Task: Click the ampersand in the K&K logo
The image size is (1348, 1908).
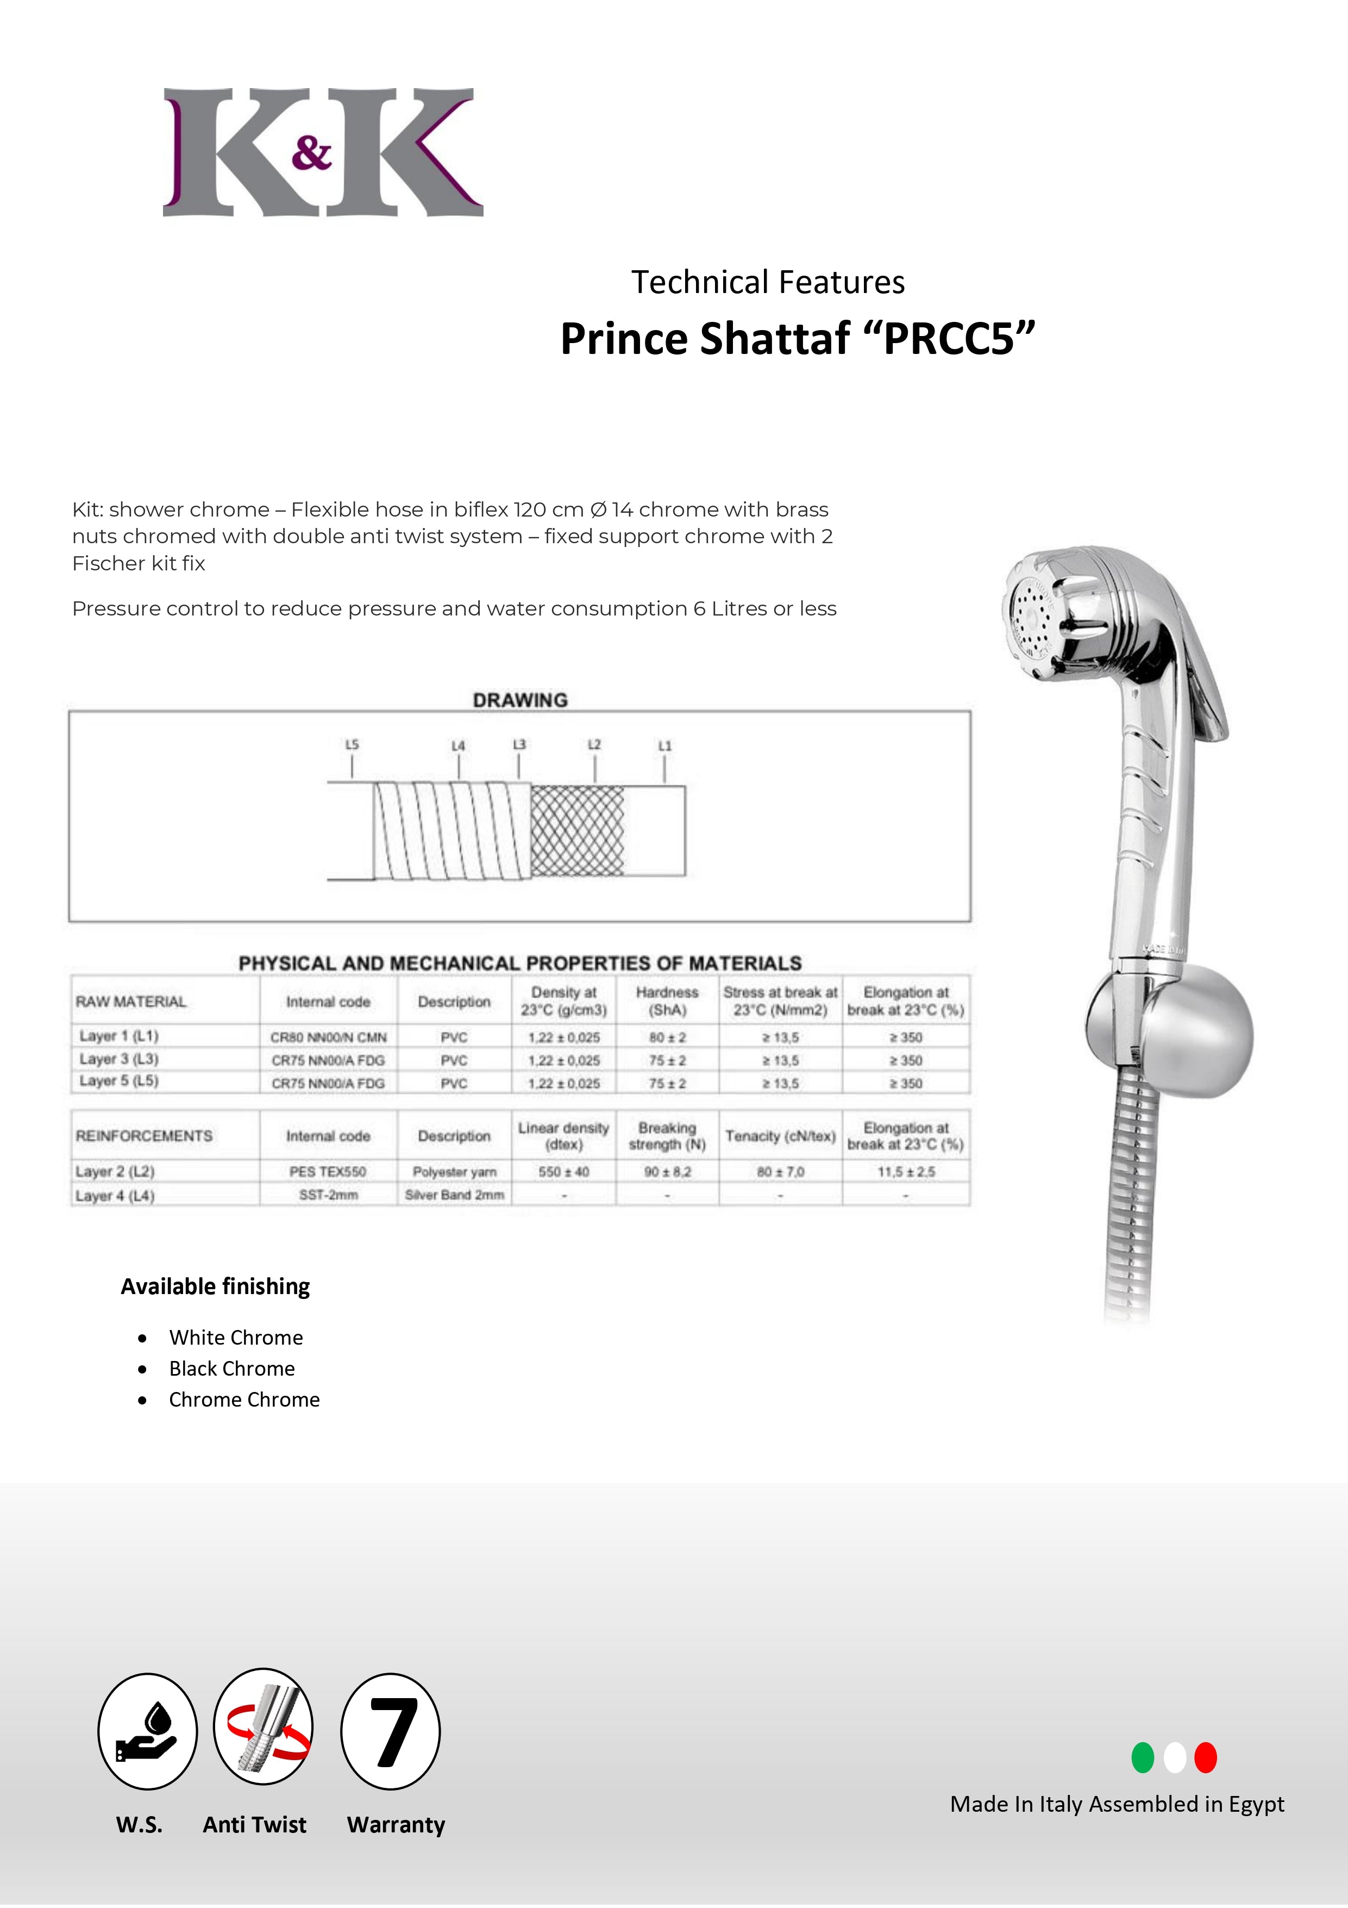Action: [311, 152]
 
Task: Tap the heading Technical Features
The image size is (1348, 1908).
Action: [767, 283]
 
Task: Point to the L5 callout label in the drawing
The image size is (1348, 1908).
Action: [352, 744]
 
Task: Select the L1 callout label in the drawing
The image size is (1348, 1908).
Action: [664, 746]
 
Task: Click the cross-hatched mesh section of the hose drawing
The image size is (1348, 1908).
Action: [577, 831]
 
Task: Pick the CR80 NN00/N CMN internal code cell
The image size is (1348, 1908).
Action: [328, 1037]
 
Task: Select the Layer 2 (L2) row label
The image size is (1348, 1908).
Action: [115, 1172]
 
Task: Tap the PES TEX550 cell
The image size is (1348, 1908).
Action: [328, 1172]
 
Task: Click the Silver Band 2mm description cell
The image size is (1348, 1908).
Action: [454, 1195]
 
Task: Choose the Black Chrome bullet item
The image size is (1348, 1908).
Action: [231, 1369]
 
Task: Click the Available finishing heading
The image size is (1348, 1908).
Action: [215, 1286]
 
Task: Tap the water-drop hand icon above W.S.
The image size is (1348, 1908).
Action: [147, 1731]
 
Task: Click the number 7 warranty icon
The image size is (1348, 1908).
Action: [390, 1731]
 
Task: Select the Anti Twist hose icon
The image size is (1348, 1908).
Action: [264, 1727]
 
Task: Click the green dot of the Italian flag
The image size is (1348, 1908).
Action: [1143, 1757]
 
